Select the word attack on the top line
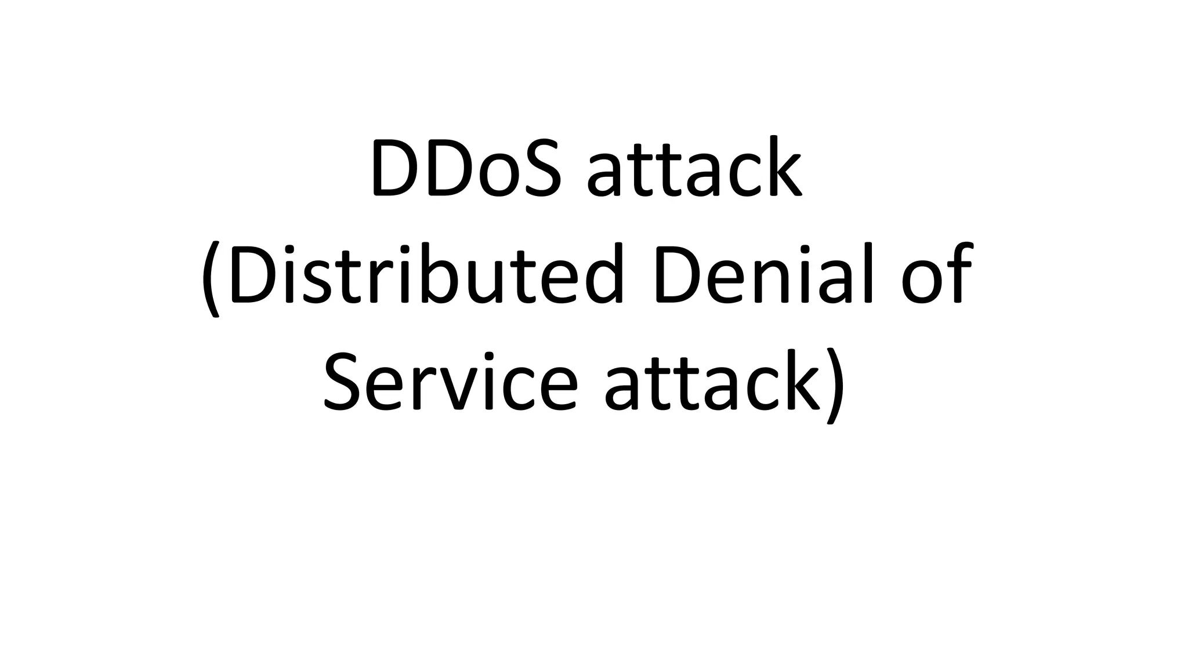click(x=694, y=168)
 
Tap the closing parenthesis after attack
click(x=831, y=386)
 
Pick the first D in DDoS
click(x=396, y=168)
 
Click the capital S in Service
click(x=346, y=380)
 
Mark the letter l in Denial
click(x=868, y=273)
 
